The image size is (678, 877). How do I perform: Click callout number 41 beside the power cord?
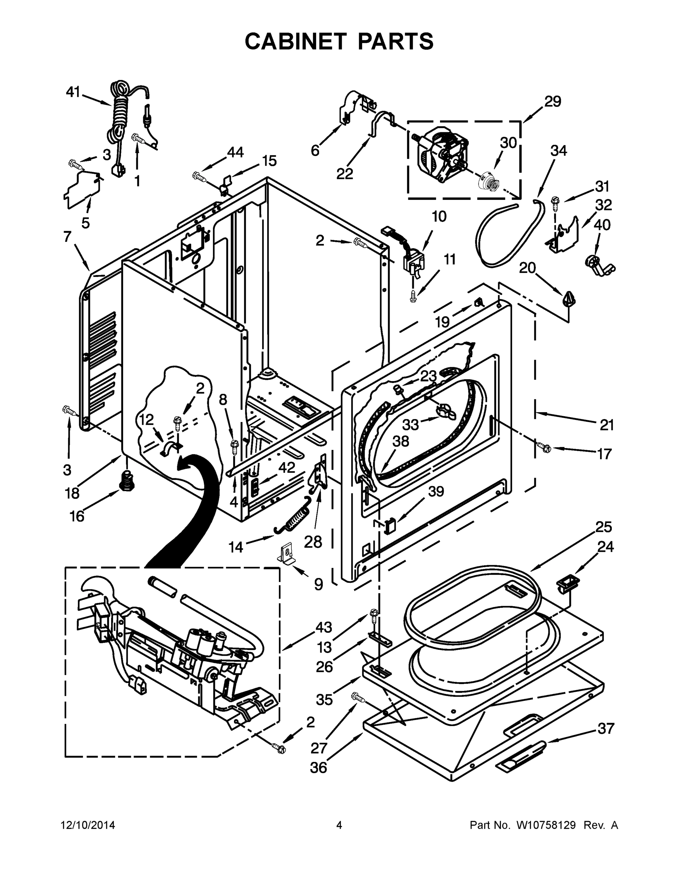pyautogui.click(x=73, y=92)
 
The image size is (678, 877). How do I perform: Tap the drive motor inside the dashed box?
pyautogui.click(x=442, y=155)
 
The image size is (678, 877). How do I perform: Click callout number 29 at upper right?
pyautogui.click(x=553, y=102)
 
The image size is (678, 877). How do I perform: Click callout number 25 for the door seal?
pyautogui.click(x=603, y=527)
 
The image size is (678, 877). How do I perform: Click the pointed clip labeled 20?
pyautogui.click(x=568, y=299)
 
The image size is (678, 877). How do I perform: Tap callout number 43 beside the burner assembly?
pyautogui.click(x=324, y=627)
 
